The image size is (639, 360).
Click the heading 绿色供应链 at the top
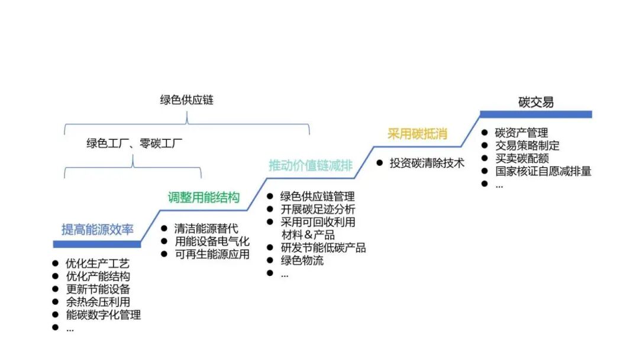186,100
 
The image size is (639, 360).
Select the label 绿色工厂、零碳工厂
134,143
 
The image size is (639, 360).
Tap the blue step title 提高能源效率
98,230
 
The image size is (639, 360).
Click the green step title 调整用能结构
204,197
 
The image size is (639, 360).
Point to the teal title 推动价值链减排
311,165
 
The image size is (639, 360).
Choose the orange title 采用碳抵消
417,134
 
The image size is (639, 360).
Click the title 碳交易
535,102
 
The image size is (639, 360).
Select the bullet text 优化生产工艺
98,263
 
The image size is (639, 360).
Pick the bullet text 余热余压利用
98,302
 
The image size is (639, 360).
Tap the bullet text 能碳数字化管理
104,315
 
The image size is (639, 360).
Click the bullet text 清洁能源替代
206,229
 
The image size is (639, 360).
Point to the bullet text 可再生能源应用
212,255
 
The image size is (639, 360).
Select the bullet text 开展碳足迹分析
318,209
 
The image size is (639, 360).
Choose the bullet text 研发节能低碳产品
323,247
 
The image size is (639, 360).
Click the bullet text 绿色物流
302,261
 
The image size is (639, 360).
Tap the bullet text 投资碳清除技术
427,163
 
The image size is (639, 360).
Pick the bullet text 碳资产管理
521,133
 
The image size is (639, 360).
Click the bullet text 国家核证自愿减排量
543,172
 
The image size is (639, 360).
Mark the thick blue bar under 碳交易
535,114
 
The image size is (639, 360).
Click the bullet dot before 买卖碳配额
485,159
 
